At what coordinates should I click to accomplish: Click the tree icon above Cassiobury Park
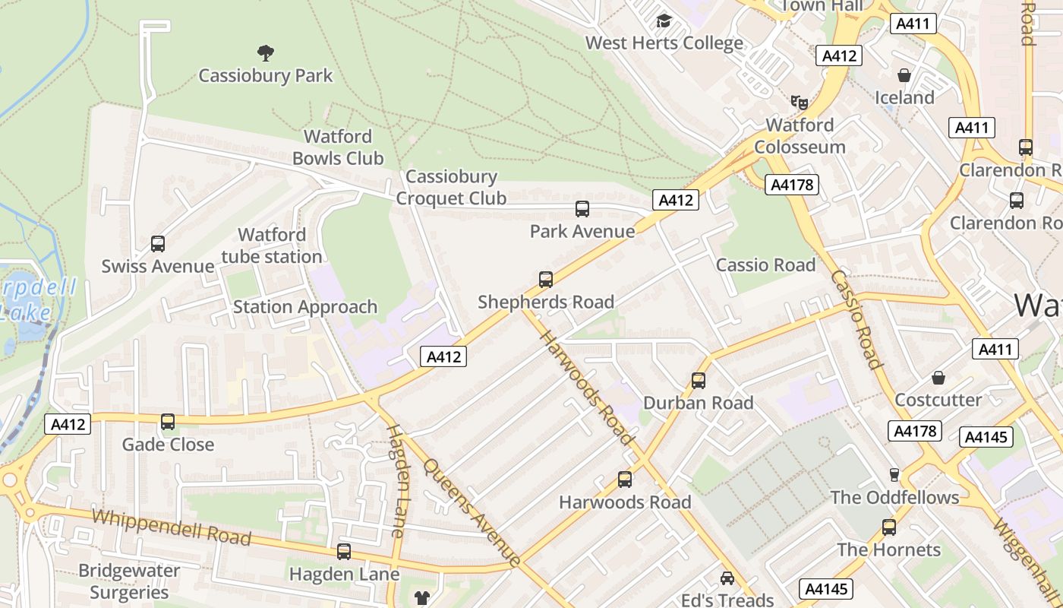click(x=265, y=53)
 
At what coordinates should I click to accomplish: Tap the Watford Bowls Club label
click(x=338, y=147)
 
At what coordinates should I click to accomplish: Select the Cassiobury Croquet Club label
click(x=451, y=188)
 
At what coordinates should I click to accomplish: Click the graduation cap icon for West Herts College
click(x=664, y=21)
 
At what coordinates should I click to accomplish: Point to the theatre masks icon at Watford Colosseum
click(x=799, y=102)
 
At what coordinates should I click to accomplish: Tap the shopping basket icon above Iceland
click(x=904, y=75)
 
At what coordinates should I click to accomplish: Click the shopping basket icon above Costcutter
click(x=938, y=378)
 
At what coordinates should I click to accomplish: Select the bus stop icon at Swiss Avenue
click(x=158, y=244)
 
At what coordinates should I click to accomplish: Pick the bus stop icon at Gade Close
click(x=168, y=422)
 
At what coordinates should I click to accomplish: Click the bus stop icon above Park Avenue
click(x=582, y=209)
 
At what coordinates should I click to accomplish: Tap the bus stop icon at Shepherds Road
click(x=546, y=280)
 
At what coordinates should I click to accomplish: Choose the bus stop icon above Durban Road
click(x=699, y=381)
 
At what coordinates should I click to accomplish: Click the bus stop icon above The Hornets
click(x=889, y=527)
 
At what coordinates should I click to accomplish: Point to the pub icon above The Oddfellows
click(x=894, y=475)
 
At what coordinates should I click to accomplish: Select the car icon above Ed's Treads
click(x=727, y=578)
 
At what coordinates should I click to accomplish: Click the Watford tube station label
click(x=272, y=245)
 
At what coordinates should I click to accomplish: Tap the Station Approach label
click(x=305, y=307)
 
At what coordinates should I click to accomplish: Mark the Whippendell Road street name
click(x=172, y=527)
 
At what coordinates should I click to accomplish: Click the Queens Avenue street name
click(x=472, y=513)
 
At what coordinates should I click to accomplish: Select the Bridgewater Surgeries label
click(x=129, y=581)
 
